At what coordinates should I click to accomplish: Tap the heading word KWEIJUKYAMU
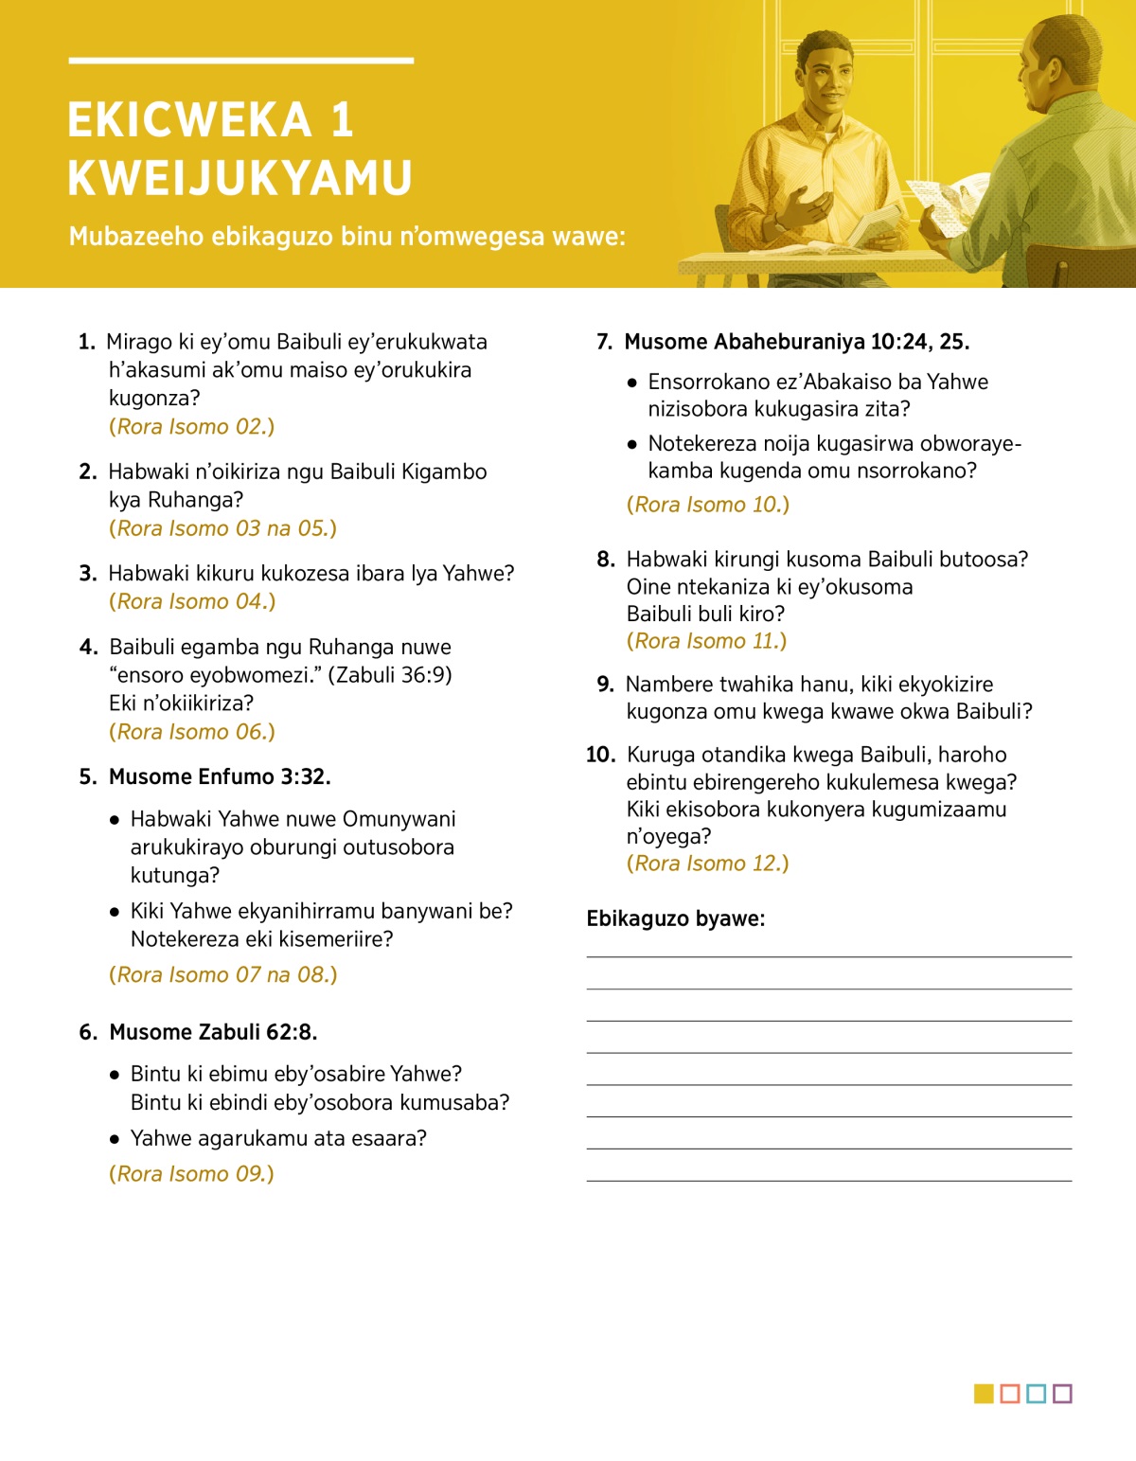click(x=240, y=178)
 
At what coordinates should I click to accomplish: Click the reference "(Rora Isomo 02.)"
click(x=191, y=426)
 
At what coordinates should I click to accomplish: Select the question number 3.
click(x=88, y=573)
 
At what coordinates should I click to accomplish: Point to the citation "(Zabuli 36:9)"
click(x=390, y=674)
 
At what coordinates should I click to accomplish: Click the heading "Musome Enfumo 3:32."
click(x=220, y=776)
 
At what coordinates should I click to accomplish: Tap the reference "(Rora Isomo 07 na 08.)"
click(x=222, y=974)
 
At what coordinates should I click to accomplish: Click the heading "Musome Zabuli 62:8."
click(x=213, y=1031)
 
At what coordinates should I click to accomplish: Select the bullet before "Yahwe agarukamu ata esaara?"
click(x=115, y=1138)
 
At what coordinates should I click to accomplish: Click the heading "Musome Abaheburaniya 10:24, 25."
click(x=796, y=342)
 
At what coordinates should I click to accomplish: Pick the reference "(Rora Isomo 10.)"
click(x=707, y=505)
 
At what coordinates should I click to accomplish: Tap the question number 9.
click(x=606, y=684)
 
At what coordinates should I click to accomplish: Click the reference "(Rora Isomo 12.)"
click(x=707, y=863)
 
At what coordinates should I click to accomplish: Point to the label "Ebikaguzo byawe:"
click(x=675, y=918)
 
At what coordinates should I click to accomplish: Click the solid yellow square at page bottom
click(x=984, y=1394)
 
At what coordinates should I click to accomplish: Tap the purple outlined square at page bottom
click(x=1062, y=1394)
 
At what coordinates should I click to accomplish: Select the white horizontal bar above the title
click(x=240, y=61)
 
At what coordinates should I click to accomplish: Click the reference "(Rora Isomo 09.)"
click(x=191, y=1173)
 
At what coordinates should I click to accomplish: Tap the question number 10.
click(x=600, y=755)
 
